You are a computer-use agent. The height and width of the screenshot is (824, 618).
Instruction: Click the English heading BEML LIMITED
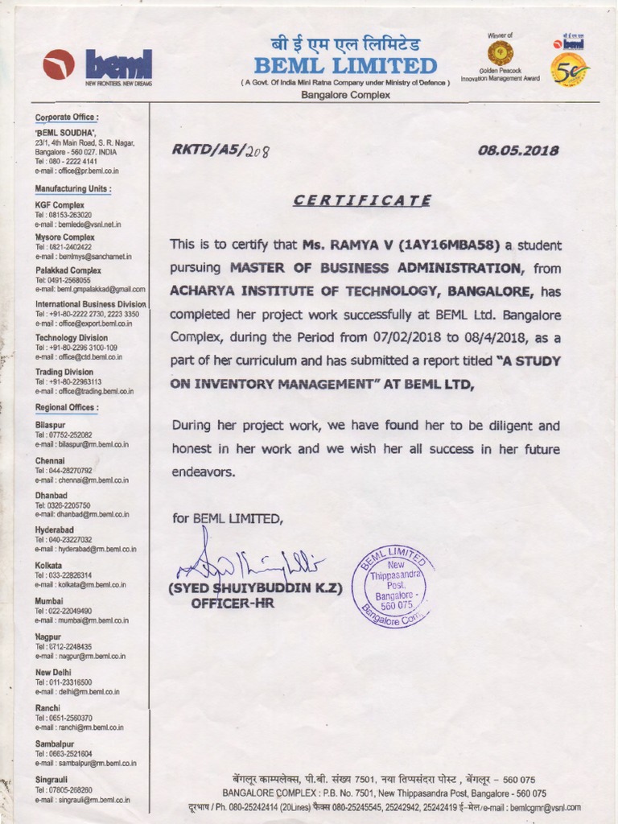pyautogui.click(x=345, y=65)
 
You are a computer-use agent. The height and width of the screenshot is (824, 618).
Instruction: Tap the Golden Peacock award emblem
pyautogui.click(x=501, y=53)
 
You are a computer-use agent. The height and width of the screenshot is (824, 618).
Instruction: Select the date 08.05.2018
pyautogui.click(x=518, y=150)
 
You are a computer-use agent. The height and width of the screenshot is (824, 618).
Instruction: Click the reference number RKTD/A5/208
pyautogui.click(x=218, y=150)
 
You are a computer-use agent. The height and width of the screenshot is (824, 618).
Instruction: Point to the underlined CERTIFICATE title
pyautogui.click(x=362, y=200)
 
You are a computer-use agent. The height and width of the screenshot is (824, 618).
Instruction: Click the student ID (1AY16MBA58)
pyautogui.click(x=448, y=245)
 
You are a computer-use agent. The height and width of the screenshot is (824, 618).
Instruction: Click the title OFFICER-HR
pyautogui.click(x=233, y=602)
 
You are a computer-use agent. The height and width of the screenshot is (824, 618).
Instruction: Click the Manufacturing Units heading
pyautogui.click(x=73, y=189)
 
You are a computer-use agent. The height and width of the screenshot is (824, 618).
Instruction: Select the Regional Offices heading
pyautogui.click(x=67, y=408)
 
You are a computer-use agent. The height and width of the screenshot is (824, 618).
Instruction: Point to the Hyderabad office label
pyautogui.click(x=55, y=530)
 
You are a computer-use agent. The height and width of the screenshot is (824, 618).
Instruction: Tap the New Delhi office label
pyautogui.click(x=54, y=672)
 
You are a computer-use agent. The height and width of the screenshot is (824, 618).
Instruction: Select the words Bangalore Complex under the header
pyautogui.click(x=345, y=95)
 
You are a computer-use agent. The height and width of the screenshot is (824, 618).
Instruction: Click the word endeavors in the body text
pyautogui.click(x=204, y=472)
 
